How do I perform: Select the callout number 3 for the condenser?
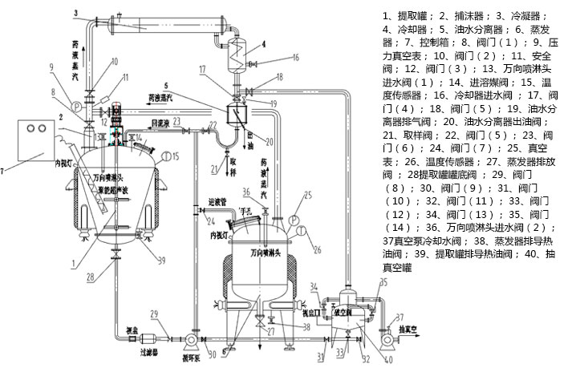[x=74, y=12]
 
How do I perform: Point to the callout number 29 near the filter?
[x=153, y=314]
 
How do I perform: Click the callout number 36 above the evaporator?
[x=246, y=190]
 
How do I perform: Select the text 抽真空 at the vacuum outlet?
[x=412, y=328]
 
